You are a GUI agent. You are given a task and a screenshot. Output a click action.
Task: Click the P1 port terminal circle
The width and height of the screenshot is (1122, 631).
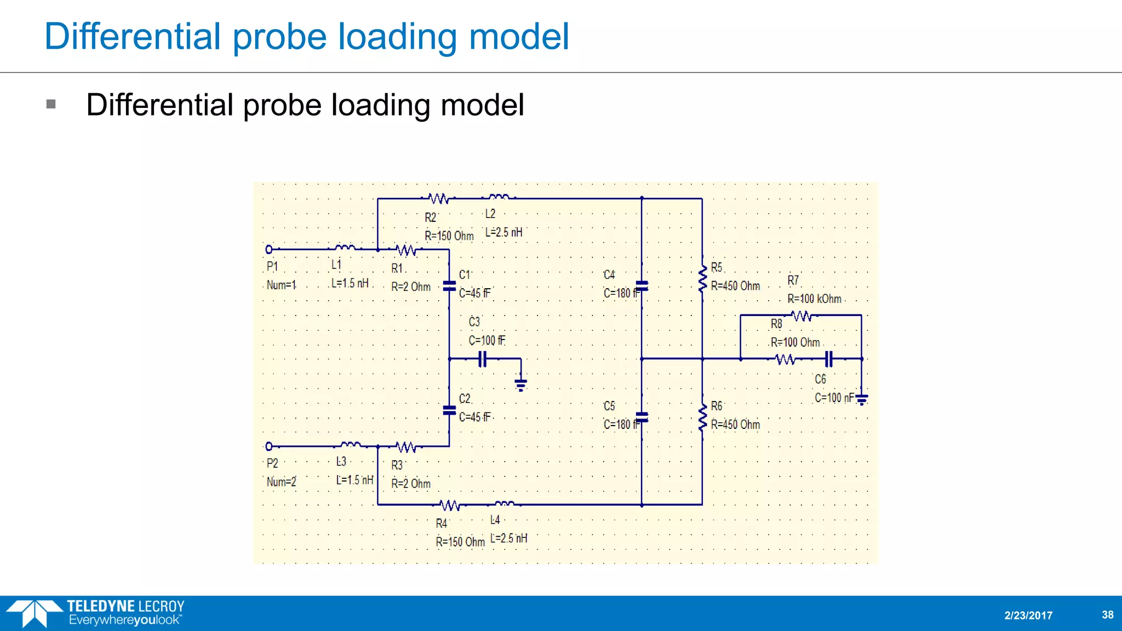[269, 250]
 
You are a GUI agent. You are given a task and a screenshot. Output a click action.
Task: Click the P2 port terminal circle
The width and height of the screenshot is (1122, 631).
[269, 446]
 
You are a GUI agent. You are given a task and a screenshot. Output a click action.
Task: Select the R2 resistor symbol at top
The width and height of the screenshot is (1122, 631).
[438, 198]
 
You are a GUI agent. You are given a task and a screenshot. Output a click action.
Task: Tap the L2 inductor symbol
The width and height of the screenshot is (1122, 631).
[499, 197]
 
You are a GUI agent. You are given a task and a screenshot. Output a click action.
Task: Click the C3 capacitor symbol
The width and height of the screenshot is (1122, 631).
[482, 359]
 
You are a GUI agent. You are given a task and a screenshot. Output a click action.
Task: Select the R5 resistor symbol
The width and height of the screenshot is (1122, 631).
[702, 279]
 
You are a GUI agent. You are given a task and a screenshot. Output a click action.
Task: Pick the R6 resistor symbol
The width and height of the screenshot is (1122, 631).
[702, 418]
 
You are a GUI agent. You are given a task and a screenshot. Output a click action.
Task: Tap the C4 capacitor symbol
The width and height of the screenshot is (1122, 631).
[642, 285]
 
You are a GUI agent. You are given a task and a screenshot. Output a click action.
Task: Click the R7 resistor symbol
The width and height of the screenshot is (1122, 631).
[802, 316]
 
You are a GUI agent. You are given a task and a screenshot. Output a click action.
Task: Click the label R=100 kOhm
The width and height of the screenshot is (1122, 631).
[814, 299]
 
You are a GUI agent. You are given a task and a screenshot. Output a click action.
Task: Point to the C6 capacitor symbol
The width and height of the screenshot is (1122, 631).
[829, 359]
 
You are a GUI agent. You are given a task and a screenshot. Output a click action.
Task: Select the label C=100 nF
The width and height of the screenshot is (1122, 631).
[834, 398]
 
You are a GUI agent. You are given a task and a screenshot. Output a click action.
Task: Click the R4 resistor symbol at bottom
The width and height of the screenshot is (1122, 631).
[450, 505]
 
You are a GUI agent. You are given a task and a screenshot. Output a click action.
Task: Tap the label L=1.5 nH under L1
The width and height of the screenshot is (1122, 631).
[350, 284]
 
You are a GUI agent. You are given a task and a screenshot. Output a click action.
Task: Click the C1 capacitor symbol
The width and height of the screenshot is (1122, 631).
[449, 285]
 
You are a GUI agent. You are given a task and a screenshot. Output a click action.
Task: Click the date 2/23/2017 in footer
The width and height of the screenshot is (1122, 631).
[1028, 616]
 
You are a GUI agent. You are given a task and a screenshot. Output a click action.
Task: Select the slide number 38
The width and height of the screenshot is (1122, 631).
[1107, 615]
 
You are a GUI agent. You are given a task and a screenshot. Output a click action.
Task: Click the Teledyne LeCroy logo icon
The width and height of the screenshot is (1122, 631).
[34, 613]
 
